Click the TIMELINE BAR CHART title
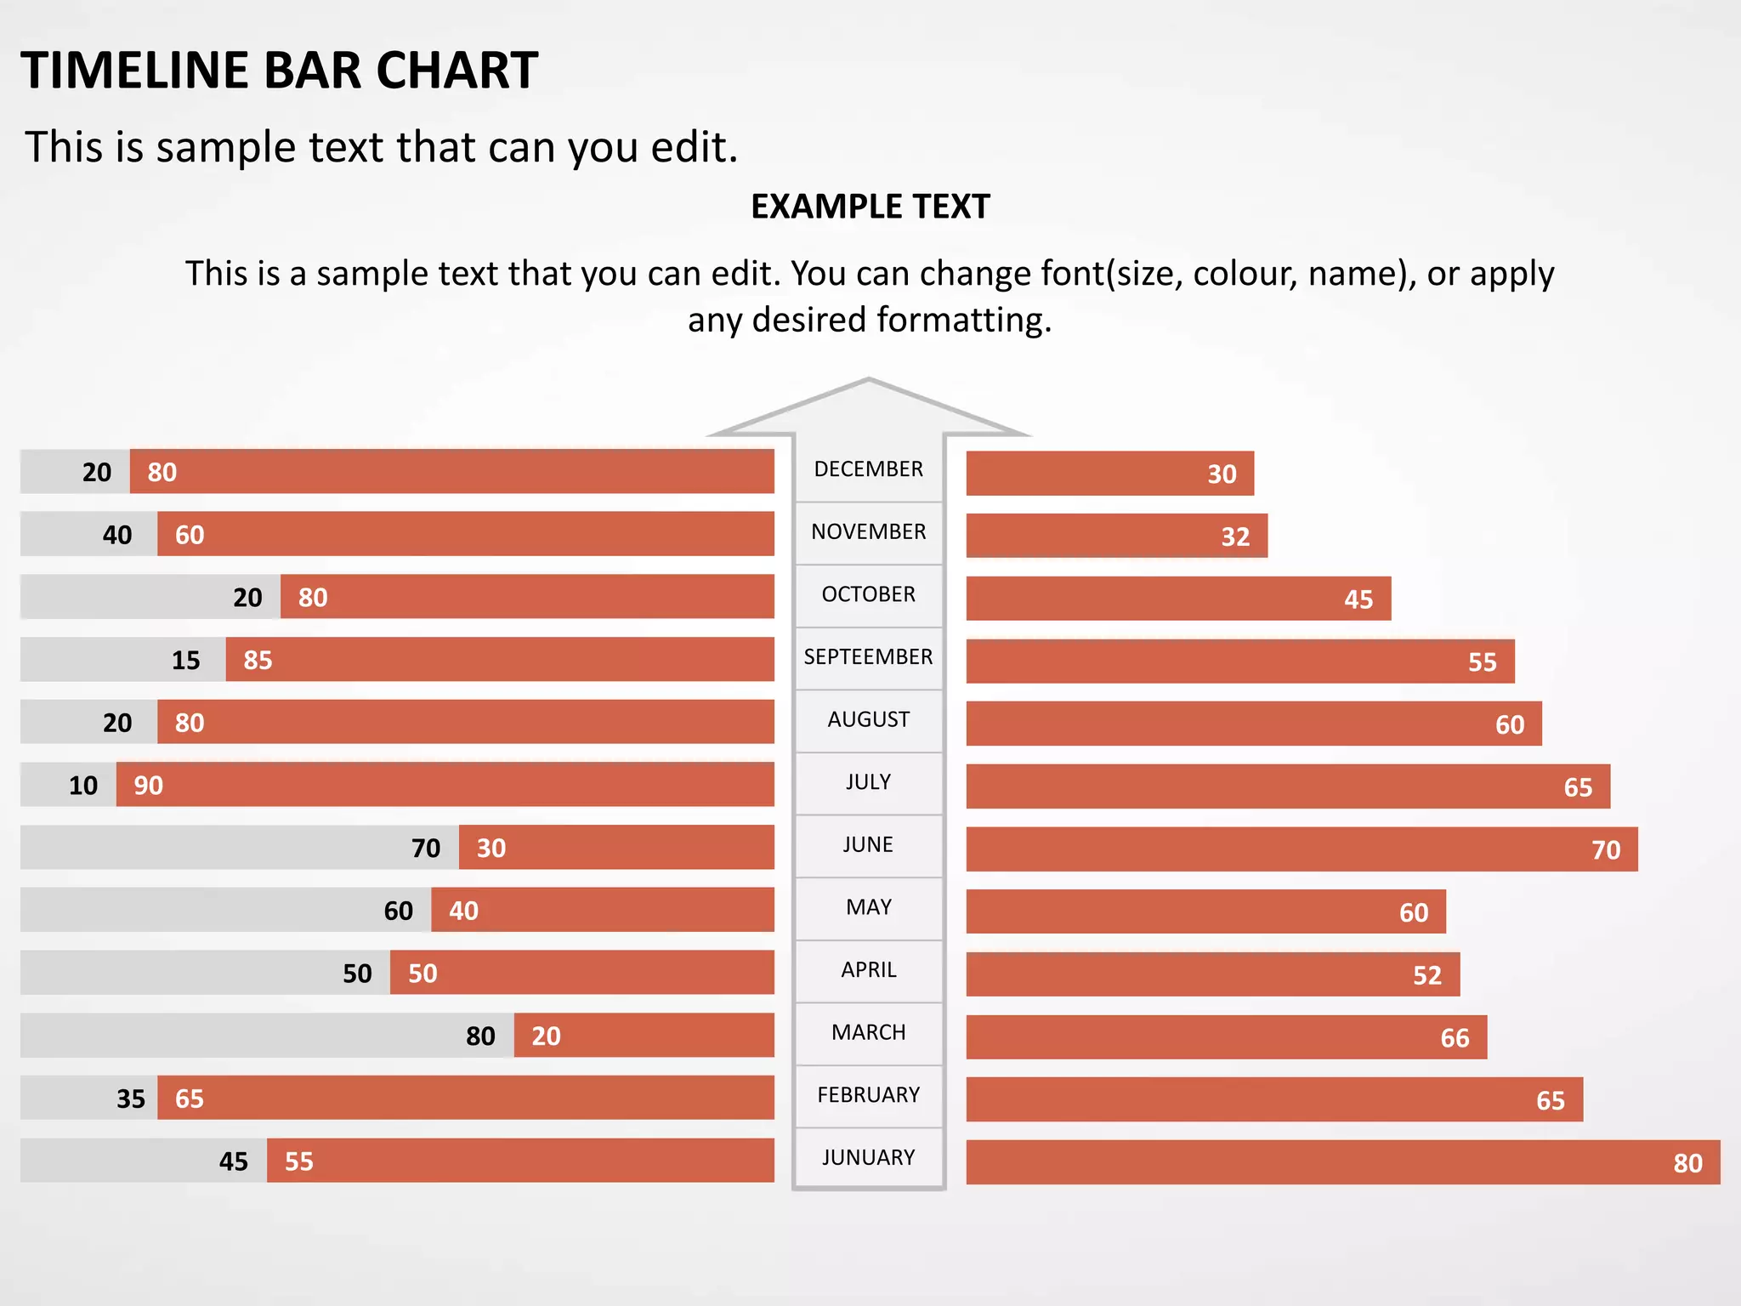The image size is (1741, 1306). coord(279,70)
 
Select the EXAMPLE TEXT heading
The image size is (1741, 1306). coord(870,207)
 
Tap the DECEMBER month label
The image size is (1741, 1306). coord(868,469)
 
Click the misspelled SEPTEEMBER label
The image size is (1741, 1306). coord(868,657)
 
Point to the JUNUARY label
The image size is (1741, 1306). coord(868,1158)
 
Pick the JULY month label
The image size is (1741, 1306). coord(868,782)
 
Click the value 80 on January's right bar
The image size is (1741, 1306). coord(1687,1163)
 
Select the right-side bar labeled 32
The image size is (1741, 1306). coord(1116,537)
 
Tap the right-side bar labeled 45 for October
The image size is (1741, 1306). coord(1177,599)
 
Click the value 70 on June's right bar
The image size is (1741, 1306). coord(1605,850)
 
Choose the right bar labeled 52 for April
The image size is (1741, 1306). coord(1212,975)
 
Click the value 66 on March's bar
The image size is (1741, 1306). coord(1454,1038)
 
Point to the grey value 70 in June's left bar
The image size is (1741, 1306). coord(426,849)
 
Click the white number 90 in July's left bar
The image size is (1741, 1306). coord(149,786)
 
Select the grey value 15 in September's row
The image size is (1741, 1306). coord(186,661)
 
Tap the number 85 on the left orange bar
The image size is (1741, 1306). coord(258,661)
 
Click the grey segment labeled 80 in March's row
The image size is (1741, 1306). coord(267,1036)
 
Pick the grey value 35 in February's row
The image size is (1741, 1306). coord(131,1099)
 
